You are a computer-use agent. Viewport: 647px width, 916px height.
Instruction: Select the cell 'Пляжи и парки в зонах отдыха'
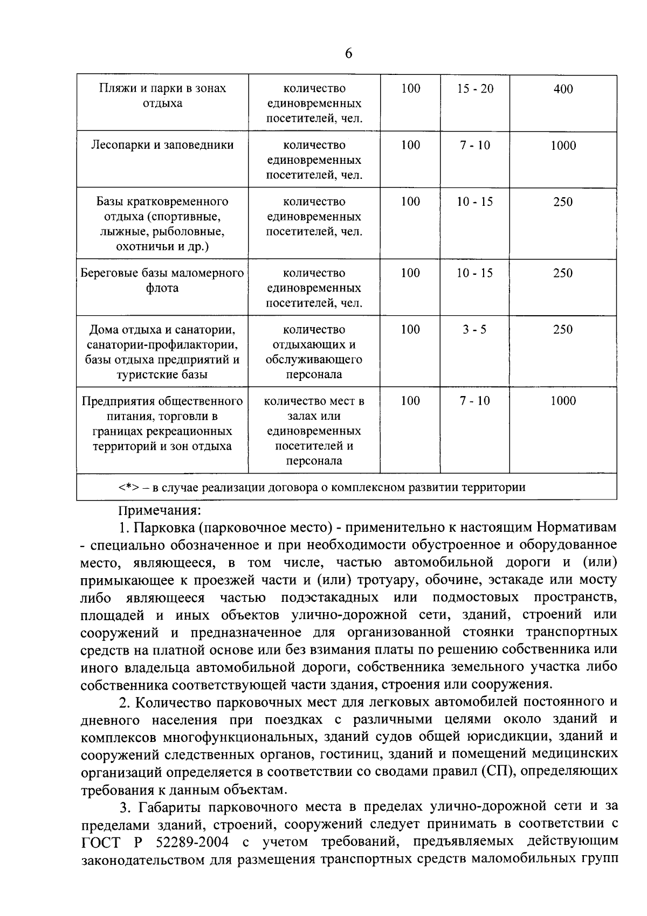pyautogui.click(x=162, y=95)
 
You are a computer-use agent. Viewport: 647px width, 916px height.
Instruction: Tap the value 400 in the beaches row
pyautogui.click(x=563, y=89)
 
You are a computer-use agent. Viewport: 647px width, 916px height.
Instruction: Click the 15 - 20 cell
pyautogui.click(x=475, y=89)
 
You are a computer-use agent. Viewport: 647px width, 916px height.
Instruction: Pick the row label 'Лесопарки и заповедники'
pyautogui.click(x=162, y=145)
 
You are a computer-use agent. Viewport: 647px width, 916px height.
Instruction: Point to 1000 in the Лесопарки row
pyautogui.click(x=563, y=145)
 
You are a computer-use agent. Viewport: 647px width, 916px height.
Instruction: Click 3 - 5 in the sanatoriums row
pyautogui.click(x=474, y=329)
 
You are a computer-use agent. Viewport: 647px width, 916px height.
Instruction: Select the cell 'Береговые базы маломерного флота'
pyautogui.click(x=162, y=280)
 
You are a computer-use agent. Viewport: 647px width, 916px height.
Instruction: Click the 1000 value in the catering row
pyautogui.click(x=563, y=400)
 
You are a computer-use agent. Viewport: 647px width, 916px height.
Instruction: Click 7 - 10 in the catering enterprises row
pyautogui.click(x=475, y=400)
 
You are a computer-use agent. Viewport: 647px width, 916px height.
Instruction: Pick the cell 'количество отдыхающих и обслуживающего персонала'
pyautogui.click(x=314, y=351)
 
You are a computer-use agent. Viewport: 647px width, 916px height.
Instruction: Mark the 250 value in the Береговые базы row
pyautogui.click(x=563, y=273)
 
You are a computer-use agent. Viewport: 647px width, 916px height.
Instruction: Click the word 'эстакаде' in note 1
pyautogui.click(x=517, y=580)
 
